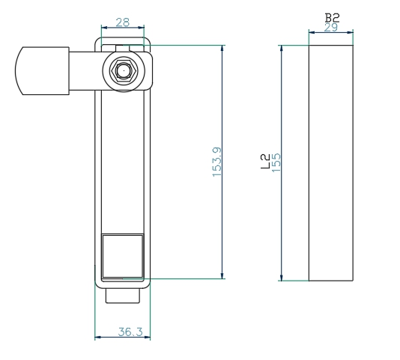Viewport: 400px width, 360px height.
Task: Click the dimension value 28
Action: [123, 22]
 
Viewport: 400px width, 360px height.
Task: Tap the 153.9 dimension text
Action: [217, 162]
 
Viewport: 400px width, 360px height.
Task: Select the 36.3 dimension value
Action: [130, 332]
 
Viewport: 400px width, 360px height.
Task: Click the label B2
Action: [332, 18]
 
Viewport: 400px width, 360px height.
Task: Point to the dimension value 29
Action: [331, 27]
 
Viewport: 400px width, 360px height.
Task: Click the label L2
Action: [265, 161]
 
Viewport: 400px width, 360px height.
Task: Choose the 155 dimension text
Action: [276, 162]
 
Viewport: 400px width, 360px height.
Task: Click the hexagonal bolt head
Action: [124, 70]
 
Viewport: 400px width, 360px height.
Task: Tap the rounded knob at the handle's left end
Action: [42, 71]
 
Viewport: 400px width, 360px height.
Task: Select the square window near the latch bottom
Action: [123, 256]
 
